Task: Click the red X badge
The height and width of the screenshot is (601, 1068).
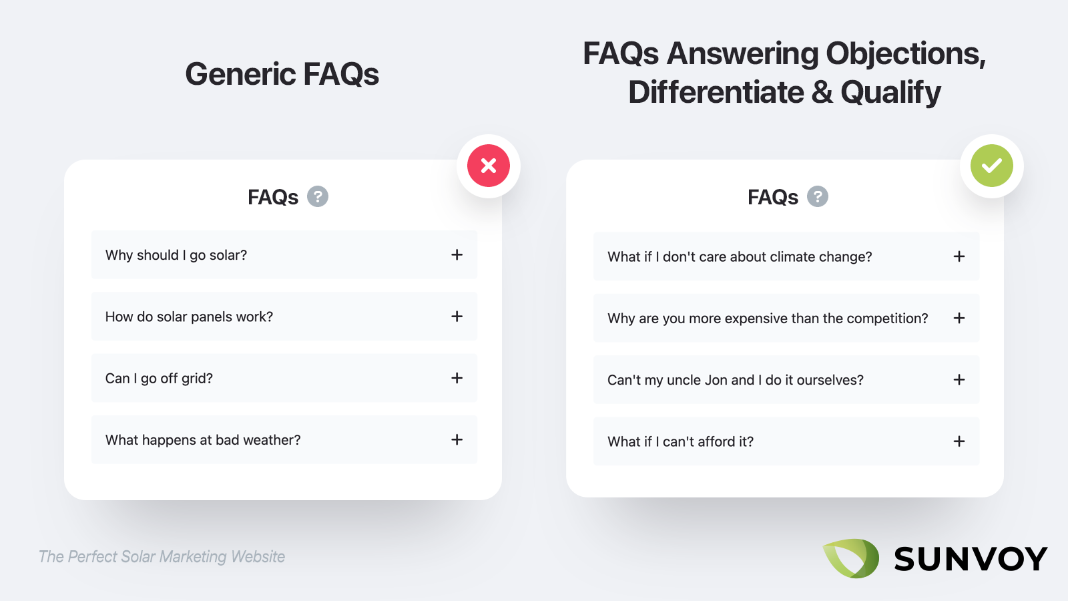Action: [488, 166]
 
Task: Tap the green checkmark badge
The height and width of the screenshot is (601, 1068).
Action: [992, 166]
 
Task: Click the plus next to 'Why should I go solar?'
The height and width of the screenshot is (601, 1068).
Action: [457, 254]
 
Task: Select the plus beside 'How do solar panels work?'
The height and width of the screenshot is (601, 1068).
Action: [457, 317]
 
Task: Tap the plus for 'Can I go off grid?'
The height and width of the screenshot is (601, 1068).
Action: [457, 378]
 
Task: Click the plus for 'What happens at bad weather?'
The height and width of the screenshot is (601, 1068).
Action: [457, 439]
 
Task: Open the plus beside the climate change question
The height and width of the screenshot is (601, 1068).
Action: [959, 256]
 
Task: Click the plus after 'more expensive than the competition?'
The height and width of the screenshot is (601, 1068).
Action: [959, 318]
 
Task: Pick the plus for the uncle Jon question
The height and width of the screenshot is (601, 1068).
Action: [959, 380]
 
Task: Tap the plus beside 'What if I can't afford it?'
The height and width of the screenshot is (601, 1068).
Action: [959, 441]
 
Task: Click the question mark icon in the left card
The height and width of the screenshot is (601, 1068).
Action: [318, 196]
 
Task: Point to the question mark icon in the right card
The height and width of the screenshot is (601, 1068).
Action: [817, 196]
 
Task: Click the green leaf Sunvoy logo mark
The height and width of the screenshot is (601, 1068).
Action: [851, 558]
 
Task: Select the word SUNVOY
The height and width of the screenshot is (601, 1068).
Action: [971, 558]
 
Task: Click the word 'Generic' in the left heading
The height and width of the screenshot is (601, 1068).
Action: [240, 74]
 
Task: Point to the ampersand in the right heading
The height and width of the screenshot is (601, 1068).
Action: [822, 92]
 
